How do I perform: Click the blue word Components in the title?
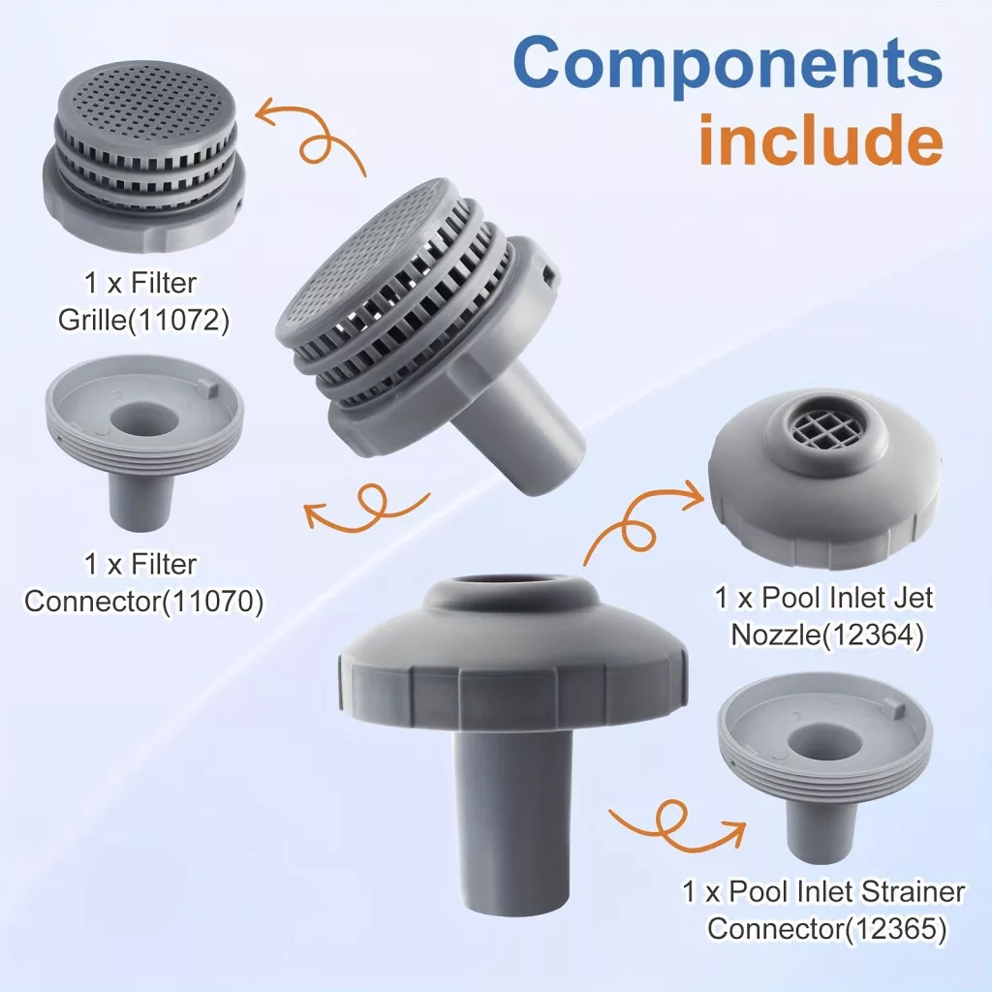coord(728,65)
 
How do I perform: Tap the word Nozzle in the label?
coord(775,635)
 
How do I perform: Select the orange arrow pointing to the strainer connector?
coord(678,824)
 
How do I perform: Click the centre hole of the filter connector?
coord(142,418)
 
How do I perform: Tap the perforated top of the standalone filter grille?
coord(146,101)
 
